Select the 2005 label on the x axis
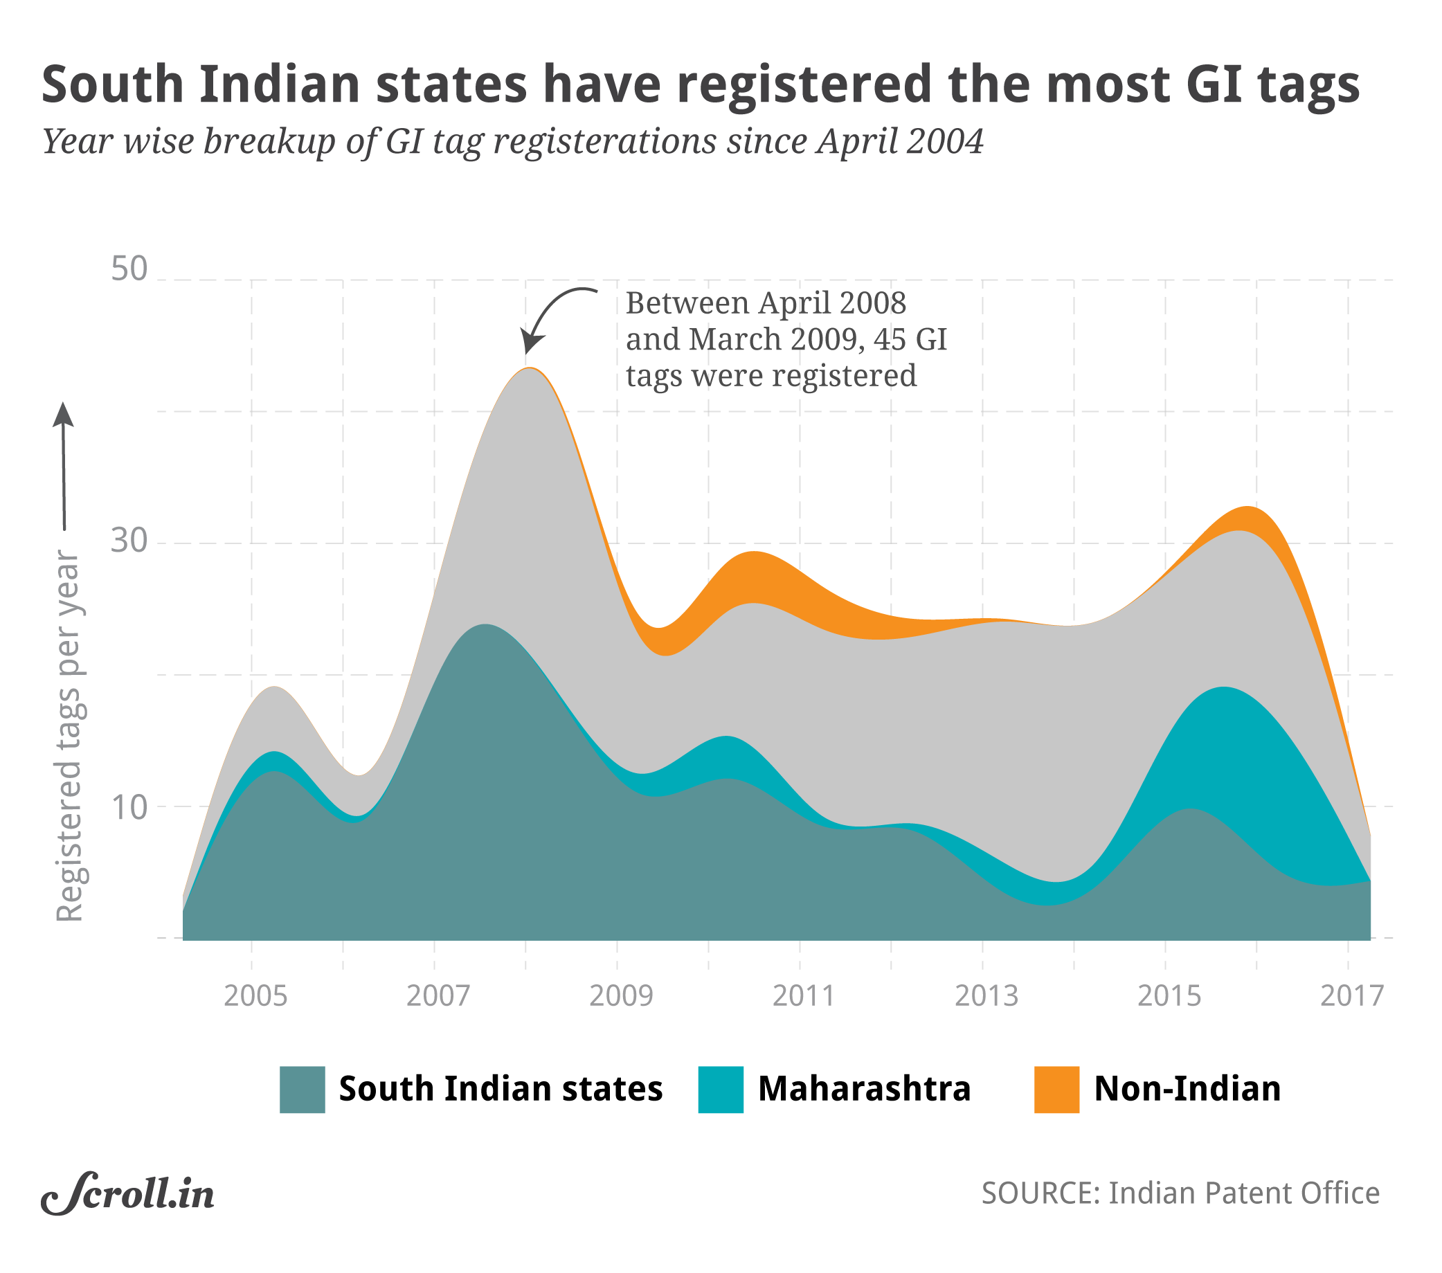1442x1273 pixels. [255, 996]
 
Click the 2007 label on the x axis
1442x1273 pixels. [438, 996]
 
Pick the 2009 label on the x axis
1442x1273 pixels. [621, 996]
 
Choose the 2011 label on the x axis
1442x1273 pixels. [804, 996]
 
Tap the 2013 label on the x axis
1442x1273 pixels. [986, 996]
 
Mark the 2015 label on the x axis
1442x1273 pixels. [1169, 996]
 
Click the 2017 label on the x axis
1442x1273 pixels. [1352, 996]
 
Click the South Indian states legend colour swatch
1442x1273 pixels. [302, 1090]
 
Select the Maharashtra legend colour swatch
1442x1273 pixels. [720, 1090]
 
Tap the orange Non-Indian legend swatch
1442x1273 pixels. [1056, 1090]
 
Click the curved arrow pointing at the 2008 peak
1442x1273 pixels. [550, 310]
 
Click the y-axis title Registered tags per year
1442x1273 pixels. [69, 737]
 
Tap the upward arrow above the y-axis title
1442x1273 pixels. [64, 465]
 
